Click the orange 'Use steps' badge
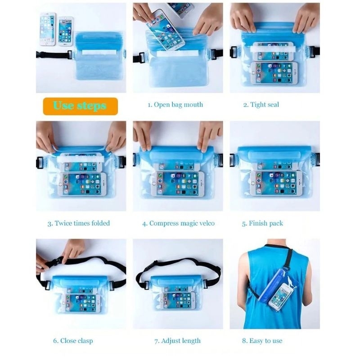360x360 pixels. click(x=81, y=106)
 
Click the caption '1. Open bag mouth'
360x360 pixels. click(x=175, y=105)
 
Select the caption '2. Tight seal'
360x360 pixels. click(x=261, y=105)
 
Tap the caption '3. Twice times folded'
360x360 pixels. click(x=79, y=223)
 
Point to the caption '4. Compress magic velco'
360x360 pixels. click(x=178, y=223)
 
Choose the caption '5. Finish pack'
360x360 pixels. click(x=262, y=223)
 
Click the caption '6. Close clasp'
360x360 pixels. click(x=73, y=341)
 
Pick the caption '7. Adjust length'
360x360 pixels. click(x=177, y=341)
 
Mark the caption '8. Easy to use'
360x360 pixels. click(x=262, y=341)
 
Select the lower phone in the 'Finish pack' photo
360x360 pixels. click(x=276, y=184)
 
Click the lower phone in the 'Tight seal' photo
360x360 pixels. click(x=274, y=73)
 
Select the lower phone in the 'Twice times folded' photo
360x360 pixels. click(x=82, y=184)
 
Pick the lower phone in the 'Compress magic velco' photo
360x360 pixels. click(x=178, y=184)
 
